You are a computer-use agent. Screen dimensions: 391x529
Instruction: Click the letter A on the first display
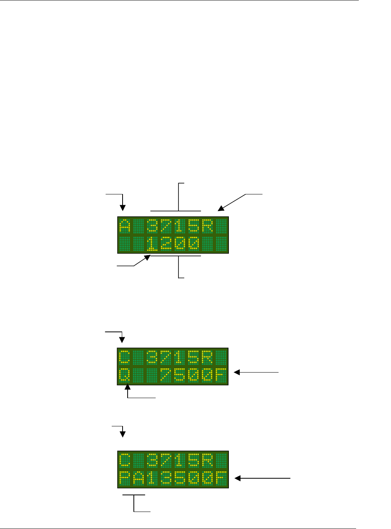(125, 226)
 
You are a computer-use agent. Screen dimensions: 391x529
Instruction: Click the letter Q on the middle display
(125, 376)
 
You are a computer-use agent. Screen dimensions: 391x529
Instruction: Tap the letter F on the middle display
(221, 376)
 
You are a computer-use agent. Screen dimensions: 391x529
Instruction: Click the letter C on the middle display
(125, 357)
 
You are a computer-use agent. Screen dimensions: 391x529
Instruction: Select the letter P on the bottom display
(125, 479)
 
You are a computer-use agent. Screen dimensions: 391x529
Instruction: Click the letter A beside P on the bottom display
(138, 479)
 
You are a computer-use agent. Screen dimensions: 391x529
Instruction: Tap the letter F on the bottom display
(221, 479)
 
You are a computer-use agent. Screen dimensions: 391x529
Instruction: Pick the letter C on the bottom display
(125, 460)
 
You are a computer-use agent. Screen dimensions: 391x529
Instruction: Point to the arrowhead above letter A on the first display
(122, 208)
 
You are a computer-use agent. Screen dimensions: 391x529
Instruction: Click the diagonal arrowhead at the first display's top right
(220, 209)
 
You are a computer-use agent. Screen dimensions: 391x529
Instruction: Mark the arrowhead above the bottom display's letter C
(123, 435)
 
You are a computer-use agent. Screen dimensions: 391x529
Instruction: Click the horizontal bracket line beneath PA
(134, 495)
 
